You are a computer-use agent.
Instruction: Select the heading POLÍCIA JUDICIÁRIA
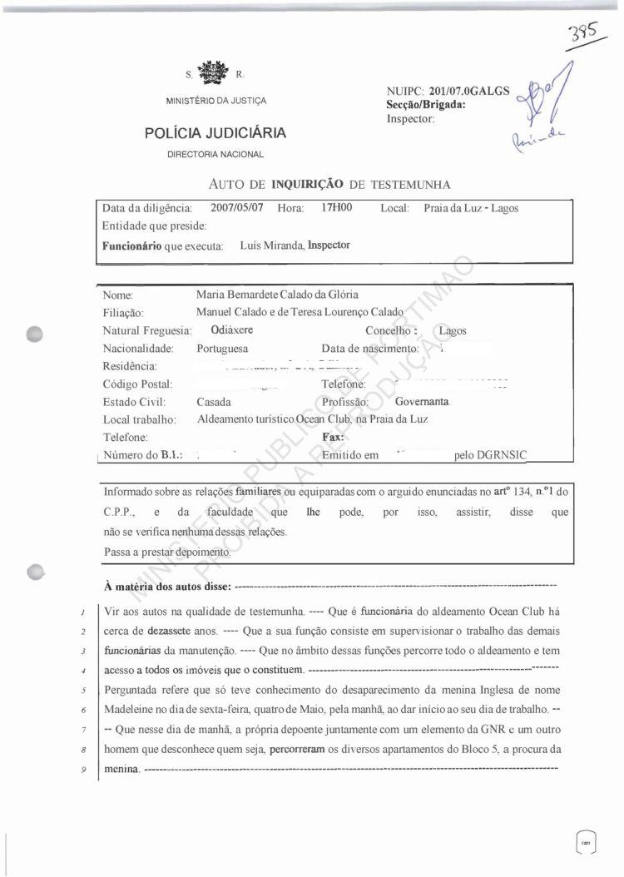click(x=215, y=132)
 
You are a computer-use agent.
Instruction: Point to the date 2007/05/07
click(x=237, y=207)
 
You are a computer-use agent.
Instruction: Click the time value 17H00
click(x=337, y=207)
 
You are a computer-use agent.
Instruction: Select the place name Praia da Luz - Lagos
click(x=470, y=208)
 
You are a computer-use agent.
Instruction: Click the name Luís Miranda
click(x=270, y=245)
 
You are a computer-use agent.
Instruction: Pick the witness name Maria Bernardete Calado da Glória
click(x=278, y=295)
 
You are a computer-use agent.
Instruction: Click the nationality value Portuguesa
click(x=222, y=349)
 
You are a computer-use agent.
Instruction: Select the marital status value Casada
click(x=214, y=402)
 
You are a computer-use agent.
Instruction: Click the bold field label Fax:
click(x=333, y=437)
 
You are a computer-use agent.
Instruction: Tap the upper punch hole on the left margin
click(x=34, y=334)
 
